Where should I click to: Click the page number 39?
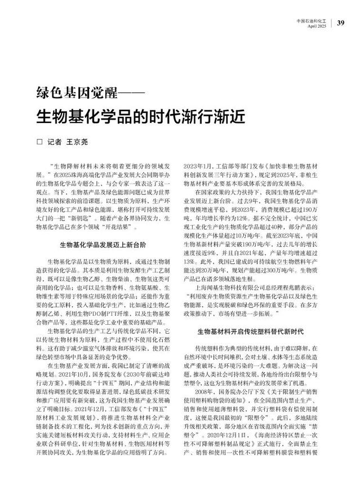coord(340,23)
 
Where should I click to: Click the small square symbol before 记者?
coord(39,142)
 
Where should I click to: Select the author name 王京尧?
coord(78,142)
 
